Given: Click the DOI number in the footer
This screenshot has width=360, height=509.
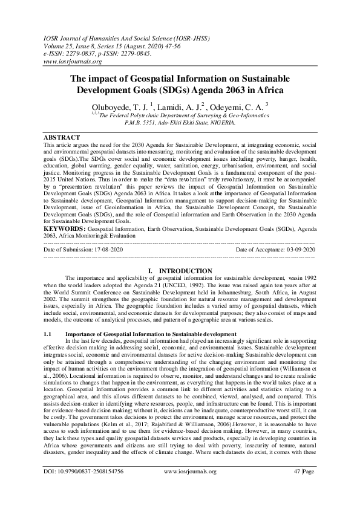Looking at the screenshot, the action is coord(99,487).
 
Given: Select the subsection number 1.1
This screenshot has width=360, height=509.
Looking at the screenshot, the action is coord(49,334).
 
